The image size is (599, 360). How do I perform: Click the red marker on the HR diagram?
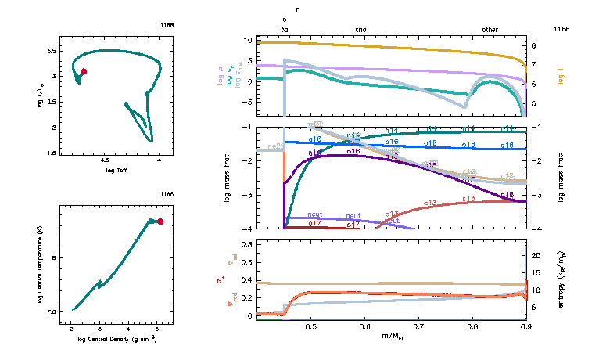coord(84,71)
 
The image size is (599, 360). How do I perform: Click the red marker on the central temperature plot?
coord(160,221)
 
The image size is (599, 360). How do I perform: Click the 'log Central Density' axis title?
coord(114,339)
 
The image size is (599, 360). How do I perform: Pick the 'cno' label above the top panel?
coord(360,29)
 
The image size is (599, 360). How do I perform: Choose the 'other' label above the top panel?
coord(490,29)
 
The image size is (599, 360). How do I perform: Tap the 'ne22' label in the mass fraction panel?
coord(275,146)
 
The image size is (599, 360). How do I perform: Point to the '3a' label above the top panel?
coord(285,29)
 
